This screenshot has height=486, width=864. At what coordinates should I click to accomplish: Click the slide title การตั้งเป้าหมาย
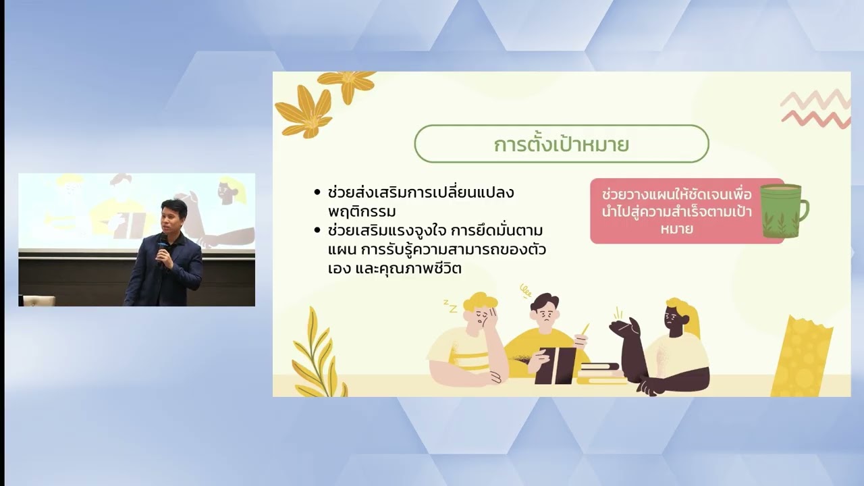click(561, 144)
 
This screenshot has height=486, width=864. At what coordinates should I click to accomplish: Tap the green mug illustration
click(780, 211)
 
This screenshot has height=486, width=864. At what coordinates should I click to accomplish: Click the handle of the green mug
click(803, 209)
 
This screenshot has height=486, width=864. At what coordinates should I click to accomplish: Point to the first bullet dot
click(317, 192)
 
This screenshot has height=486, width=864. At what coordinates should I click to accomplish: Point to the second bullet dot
click(317, 231)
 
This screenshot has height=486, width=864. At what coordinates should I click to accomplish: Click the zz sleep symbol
click(450, 306)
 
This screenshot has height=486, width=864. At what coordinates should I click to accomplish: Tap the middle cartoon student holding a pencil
click(544, 331)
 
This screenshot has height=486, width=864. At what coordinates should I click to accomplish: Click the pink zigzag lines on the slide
click(815, 108)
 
